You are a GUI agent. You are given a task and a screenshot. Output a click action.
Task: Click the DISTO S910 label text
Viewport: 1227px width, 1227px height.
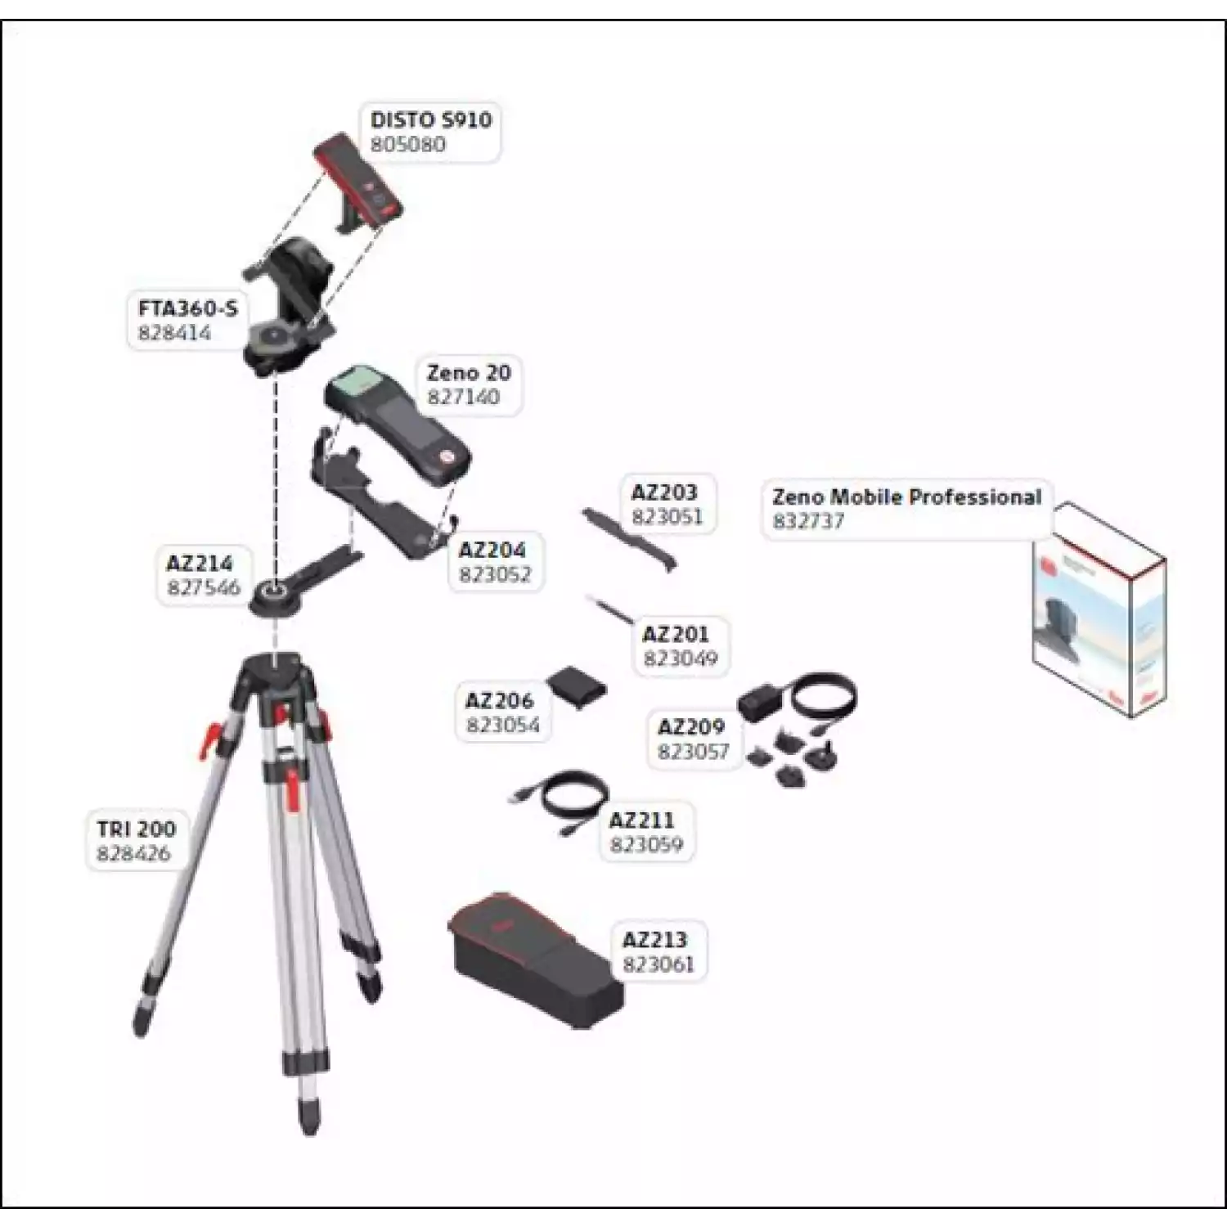[x=431, y=119]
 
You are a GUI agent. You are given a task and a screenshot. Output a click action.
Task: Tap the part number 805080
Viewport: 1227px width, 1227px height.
[x=408, y=145]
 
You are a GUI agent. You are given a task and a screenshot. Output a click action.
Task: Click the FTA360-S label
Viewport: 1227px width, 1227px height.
[x=187, y=308]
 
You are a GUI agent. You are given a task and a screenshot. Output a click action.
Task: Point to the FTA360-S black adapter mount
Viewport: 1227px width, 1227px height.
[x=290, y=307]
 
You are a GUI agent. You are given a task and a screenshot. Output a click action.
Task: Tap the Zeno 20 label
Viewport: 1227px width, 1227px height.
[x=469, y=373]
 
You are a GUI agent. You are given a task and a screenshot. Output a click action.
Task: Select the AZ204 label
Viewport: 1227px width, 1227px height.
[x=492, y=550]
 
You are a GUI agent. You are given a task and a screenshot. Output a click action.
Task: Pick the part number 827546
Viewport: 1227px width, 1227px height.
[x=204, y=587]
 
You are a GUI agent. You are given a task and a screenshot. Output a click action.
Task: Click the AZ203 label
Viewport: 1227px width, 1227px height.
[x=664, y=492]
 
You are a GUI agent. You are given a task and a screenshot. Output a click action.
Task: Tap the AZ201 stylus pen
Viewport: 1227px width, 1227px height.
[x=610, y=609]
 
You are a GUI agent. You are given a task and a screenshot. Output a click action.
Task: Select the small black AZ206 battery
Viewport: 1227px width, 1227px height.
[x=577, y=687]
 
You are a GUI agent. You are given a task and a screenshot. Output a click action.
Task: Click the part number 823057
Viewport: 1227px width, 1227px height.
[x=693, y=751]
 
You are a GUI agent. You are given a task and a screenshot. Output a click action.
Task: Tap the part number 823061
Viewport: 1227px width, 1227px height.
[x=658, y=964]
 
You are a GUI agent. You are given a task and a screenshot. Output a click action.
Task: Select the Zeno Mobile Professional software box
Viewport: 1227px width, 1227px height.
[x=1099, y=609]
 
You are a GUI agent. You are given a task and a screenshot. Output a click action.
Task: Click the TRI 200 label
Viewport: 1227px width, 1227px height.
[x=136, y=829]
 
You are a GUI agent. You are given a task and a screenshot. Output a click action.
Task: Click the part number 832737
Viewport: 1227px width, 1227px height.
[x=808, y=521]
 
